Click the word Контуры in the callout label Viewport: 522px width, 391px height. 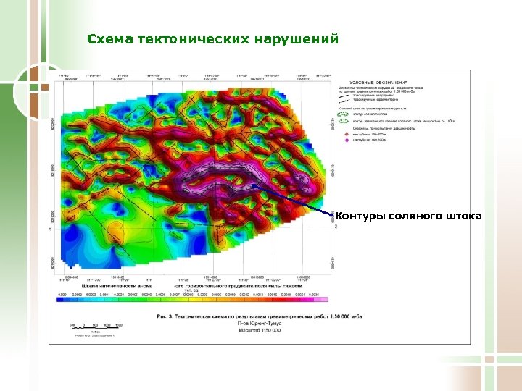[360, 216]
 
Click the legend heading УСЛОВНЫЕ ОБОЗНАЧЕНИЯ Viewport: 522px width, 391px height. [380, 83]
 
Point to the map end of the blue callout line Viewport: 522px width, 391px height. [253, 185]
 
